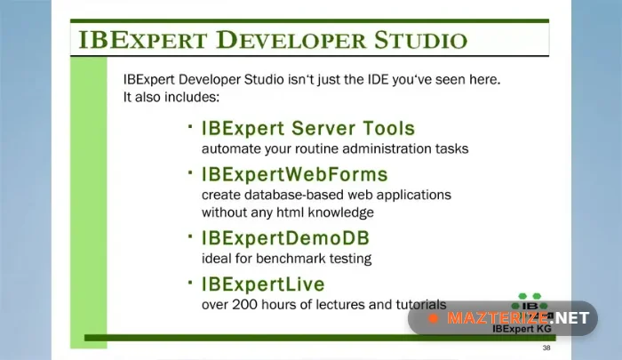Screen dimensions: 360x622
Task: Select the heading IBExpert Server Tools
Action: (x=308, y=128)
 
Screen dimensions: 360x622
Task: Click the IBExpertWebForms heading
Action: (x=294, y=173)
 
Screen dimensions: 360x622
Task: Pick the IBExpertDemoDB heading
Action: (x=285, y=238)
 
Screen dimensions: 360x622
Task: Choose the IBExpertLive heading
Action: (x=263, y=284)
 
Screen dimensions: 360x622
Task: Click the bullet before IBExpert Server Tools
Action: (x=190, y=127)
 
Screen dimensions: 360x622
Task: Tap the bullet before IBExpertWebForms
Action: (x=190, y=172)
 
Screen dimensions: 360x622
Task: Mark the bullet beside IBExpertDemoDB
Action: (x=190, y=236)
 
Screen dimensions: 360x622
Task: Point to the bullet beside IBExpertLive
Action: (x=190, y=283)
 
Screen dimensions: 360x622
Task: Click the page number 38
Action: (x=546, y=348)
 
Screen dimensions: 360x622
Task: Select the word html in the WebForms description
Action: (x=299, y=212)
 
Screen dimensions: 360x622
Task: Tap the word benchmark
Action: (x=286, y=259)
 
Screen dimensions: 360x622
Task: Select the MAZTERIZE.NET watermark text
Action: (x=518, y=317)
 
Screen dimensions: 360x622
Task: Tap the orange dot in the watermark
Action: (x=433, y=317)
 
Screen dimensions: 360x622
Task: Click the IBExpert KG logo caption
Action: (x=522, y=329)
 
